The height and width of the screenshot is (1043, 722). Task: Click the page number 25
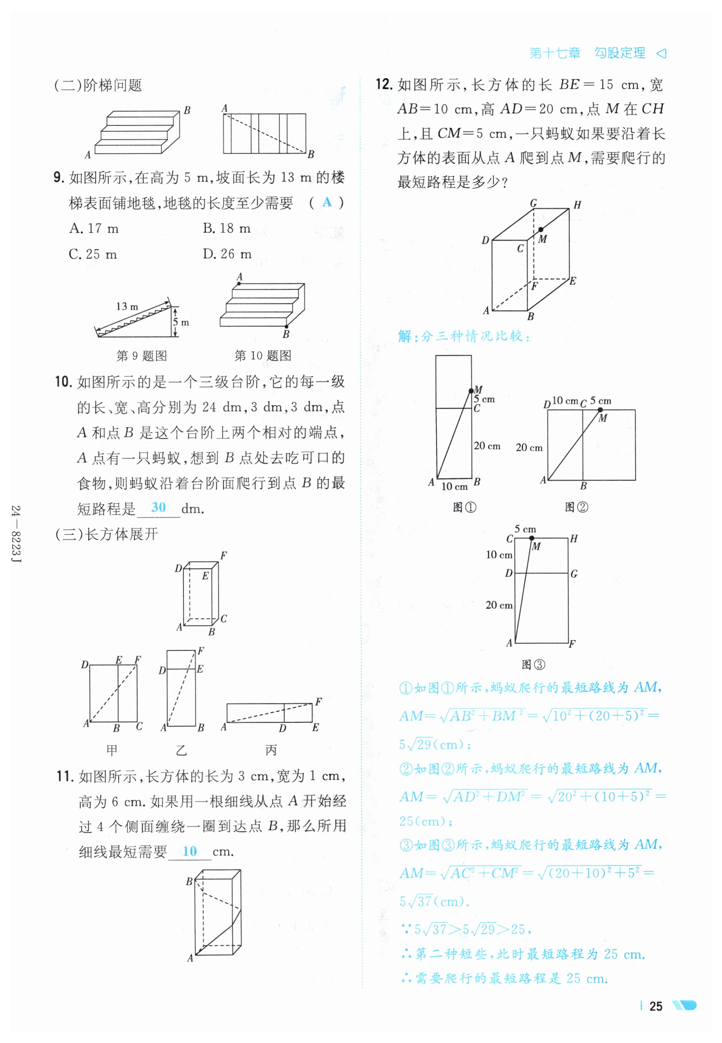(x=656, y=1006)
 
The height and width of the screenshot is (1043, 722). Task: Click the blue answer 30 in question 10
(x=158, y=507)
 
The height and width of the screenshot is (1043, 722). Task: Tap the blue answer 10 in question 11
(x=189, y=851)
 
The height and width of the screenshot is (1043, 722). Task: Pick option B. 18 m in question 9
(x=226, y=228)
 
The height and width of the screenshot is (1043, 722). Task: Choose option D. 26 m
(x=227, y=254)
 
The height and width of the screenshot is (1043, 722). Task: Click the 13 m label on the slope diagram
(x=127, y=307)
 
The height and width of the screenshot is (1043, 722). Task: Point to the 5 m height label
(x=181, y=322)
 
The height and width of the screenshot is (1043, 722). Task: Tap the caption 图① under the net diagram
(x=464, y=507)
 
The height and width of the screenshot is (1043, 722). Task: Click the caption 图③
(x=533, y=664)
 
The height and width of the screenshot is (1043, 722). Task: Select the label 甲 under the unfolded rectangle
(x=112, y=750)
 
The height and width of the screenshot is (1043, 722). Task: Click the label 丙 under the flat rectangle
(x=271, y=750)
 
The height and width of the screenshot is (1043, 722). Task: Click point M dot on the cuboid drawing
(x=541, y=229)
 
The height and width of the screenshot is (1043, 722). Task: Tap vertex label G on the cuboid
(x=533, y=203)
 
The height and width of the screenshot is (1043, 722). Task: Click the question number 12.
(x=383, y=85)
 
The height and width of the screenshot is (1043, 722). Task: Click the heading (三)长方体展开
(x=106, y=534)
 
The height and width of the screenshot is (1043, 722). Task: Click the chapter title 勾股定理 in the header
(x=619, y=53)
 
